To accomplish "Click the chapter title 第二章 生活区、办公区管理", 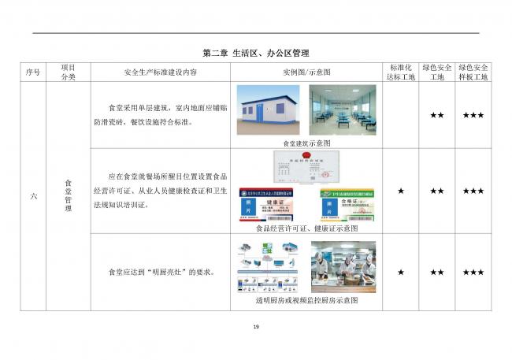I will [x=256, y=54].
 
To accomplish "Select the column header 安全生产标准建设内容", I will [x=161, y=72].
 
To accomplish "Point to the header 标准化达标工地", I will [x=401, y=72].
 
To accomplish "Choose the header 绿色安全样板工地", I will [x=473, y=72].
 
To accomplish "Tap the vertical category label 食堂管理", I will [x=68, y=195].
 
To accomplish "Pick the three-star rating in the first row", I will [x=473, y=116].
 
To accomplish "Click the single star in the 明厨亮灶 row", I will [x=401, y=272].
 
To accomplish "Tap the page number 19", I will [x=256, y=327].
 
